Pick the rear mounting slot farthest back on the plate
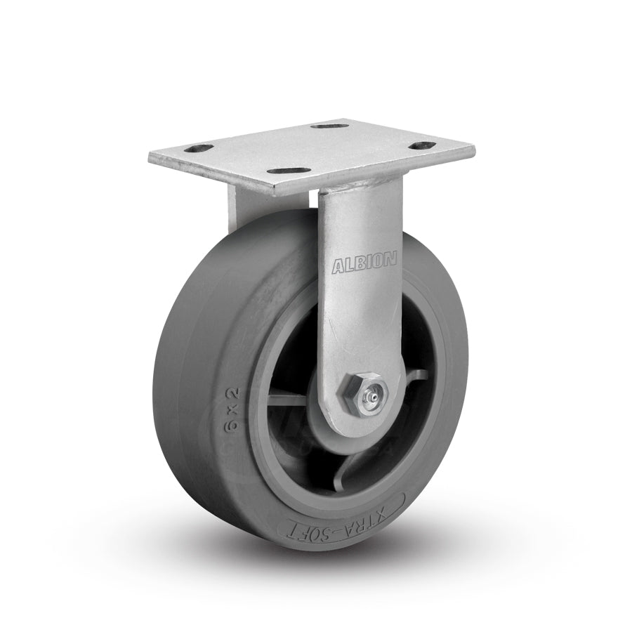345,126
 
